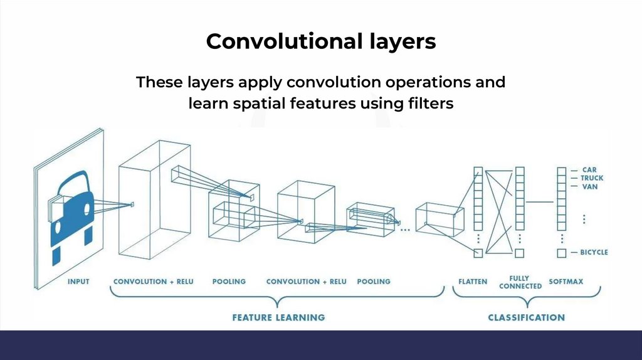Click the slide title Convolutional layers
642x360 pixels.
coord(320,41)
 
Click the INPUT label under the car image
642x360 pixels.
coord(78,282)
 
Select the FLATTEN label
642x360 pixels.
coord(472,282)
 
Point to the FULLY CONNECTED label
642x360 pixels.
coord(520,282)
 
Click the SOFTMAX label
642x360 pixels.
coord(566,282)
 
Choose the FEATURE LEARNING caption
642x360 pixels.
coord(278,317)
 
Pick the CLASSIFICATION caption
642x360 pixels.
coord(526,317)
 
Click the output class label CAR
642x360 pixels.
coord(589,169)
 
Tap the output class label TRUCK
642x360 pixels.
coord(592,178)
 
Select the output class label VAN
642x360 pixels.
coord(589,187)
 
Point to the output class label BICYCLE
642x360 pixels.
coord(594,252)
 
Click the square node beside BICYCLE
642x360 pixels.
coord(561,253)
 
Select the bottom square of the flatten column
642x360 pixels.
coord(478,253)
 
